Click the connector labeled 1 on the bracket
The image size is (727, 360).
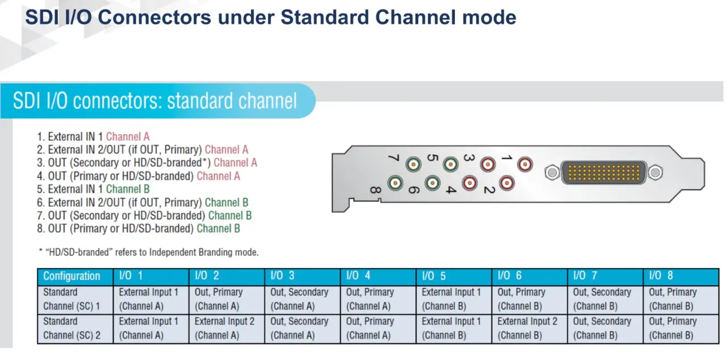click(525, 165)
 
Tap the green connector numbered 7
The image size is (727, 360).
click(413, 165)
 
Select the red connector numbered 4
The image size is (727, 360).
click(469, 183)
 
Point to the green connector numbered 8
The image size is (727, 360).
click(395, 183)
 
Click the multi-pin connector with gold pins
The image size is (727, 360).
click(603, 173)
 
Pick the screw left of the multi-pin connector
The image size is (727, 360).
click(551, 173)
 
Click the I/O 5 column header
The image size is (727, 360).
click(454, 277)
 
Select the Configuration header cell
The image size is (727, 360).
click(76, 277)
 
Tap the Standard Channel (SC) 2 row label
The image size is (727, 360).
click(76, 329)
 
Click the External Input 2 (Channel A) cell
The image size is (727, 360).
click(227, 329)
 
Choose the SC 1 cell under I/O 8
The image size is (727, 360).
click(681, 299)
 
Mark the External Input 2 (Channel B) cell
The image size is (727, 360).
click(529, 329)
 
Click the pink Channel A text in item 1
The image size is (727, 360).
click(128, 136)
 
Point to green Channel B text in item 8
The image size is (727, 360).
click(219, 229)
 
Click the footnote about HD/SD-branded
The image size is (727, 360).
click(149, 252)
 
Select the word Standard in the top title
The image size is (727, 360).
click(324, 17)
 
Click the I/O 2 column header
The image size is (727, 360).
click(227, 277)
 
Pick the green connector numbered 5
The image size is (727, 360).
click(450, 165)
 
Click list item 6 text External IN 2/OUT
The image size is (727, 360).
click(87, 203)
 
